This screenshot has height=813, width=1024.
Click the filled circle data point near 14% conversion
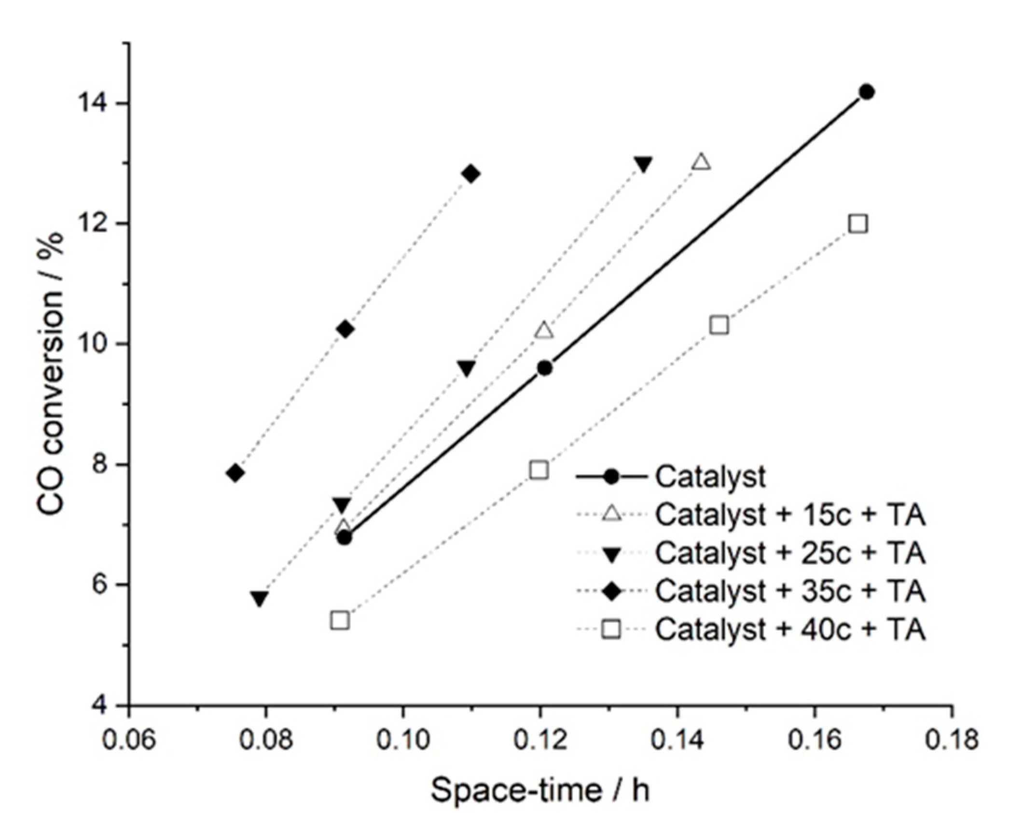(x=867, y=92)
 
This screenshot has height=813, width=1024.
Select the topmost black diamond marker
(x=471, y=173)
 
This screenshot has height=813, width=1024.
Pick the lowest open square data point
(x=340, y=620)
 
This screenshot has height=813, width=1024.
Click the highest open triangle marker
(x=701, y=162)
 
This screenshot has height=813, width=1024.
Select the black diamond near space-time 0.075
(x=235, y=473)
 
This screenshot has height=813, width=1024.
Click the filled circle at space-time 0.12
(x=545, y=368)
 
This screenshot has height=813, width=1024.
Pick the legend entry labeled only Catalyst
(x=710, y=477)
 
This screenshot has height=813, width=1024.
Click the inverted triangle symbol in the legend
(x=612, y=555)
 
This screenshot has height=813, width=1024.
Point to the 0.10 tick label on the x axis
(x=403, y=740)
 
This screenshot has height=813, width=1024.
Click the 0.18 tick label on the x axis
(x=951, y=740)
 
